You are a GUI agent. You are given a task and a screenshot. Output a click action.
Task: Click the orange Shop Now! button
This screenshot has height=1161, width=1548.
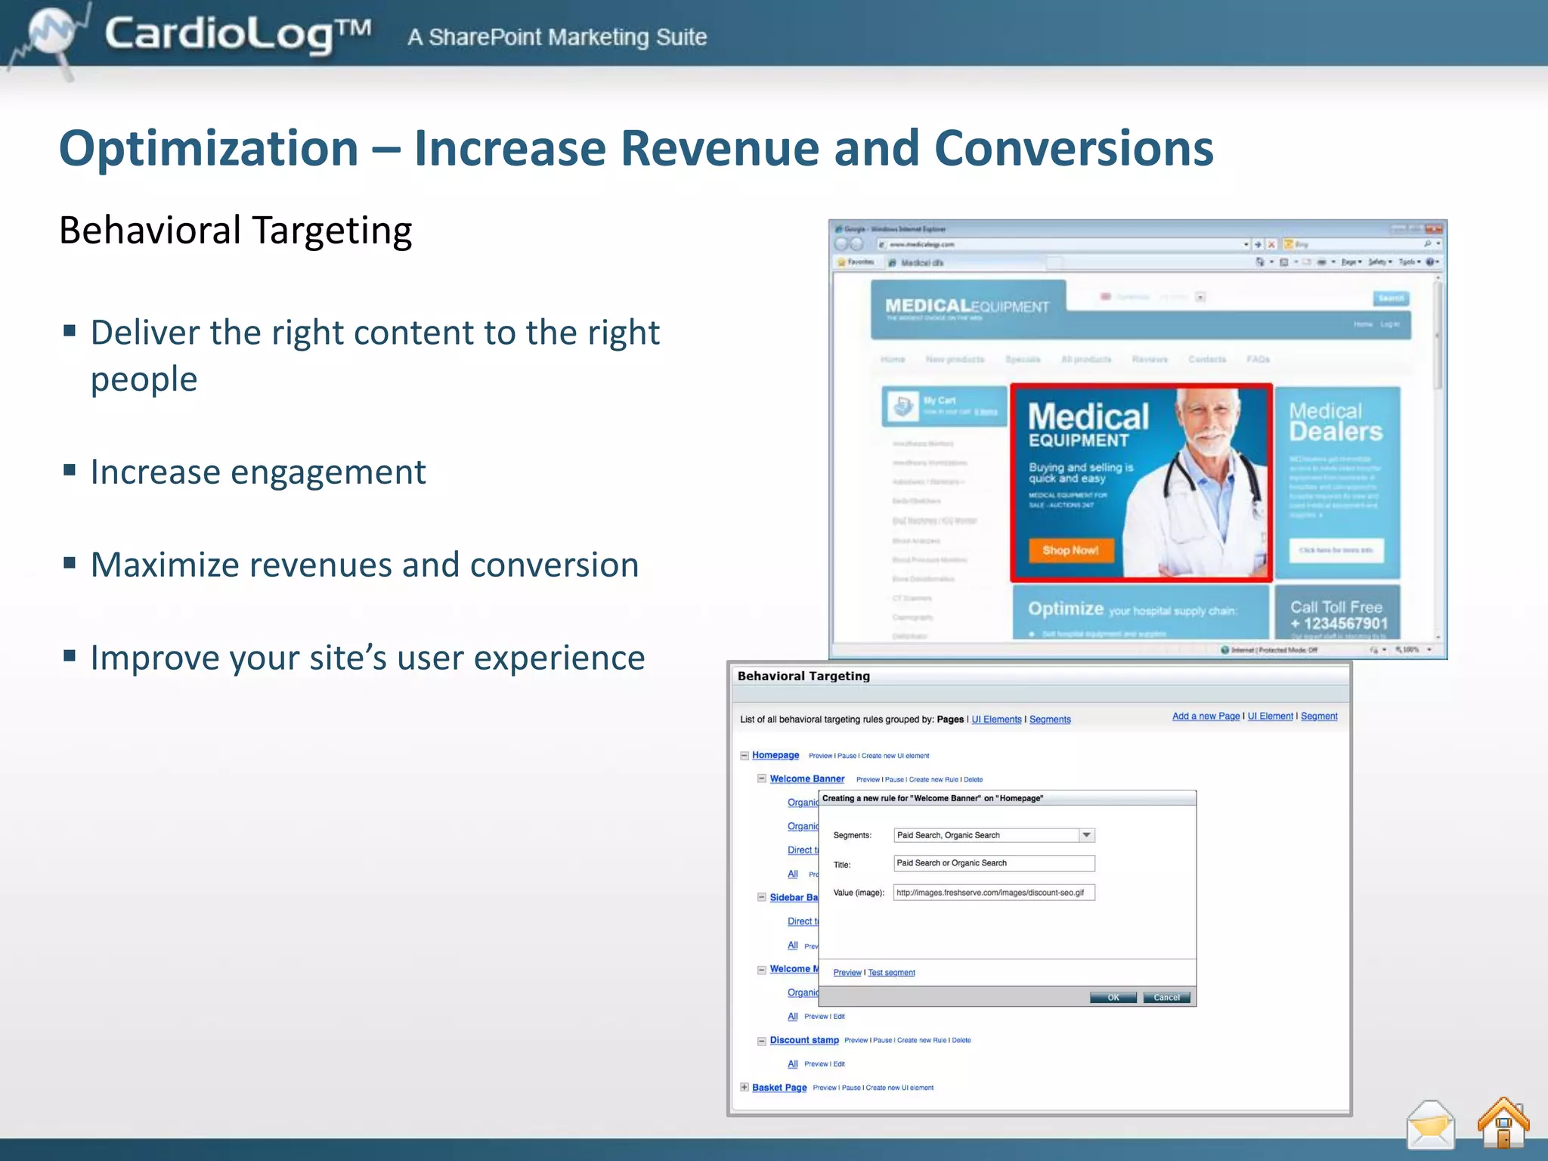1070,550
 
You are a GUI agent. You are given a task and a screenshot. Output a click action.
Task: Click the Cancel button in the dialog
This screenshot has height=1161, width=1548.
1166,998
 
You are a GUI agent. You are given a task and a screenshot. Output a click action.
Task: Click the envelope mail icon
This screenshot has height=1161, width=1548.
1430,1125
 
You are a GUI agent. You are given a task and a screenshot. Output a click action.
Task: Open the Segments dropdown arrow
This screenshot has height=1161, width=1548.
1086,835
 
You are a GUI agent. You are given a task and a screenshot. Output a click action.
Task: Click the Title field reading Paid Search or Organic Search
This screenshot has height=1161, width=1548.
993,863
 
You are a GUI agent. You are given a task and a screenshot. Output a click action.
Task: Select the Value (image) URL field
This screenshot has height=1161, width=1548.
993,893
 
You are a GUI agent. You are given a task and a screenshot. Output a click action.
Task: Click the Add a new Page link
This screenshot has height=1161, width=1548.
1206,717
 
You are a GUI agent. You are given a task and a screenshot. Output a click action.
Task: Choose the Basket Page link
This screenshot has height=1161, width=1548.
779,1088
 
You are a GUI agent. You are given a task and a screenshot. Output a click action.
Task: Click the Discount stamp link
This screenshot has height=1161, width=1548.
804,1040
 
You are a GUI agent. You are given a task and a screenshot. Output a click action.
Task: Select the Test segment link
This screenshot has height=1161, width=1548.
891,973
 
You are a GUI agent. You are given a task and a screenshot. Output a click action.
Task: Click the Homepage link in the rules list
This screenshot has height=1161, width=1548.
776,755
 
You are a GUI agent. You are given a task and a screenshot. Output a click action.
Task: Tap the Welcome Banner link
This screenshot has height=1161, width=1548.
807,779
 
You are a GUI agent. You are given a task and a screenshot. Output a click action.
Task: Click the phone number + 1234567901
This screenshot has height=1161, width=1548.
1339,624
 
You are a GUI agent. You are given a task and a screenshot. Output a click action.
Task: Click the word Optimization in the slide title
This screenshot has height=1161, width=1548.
209,148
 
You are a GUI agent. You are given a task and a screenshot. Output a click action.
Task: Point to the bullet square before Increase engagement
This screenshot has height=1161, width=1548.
70,471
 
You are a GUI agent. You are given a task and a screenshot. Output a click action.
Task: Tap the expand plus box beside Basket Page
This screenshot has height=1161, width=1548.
745,1088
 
